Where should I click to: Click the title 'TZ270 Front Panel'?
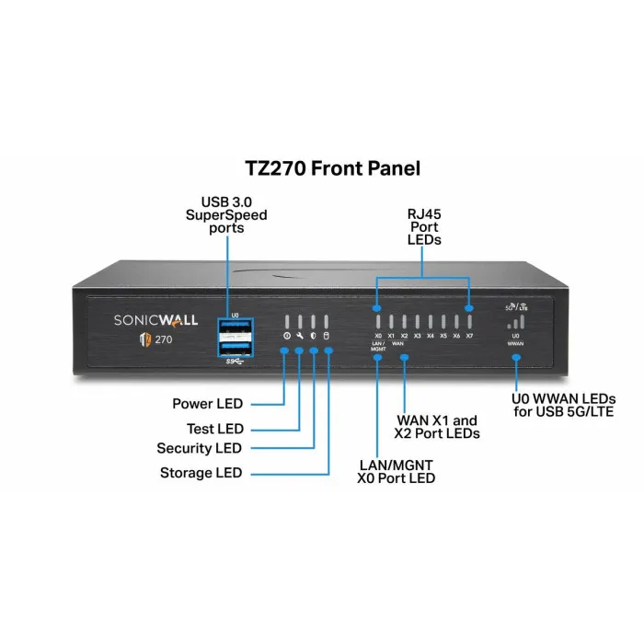[321, 168]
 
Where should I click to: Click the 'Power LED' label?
[207, 403]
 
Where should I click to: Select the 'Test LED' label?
[215, 429]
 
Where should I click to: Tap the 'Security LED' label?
[199, 449]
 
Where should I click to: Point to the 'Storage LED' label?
[201, 473]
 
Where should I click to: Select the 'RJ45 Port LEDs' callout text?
[423, 226]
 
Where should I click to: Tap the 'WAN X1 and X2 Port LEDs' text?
[437, 426]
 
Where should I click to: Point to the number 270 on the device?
[161, 339]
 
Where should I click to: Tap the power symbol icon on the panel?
[286, 337]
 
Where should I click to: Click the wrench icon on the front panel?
[300, 337]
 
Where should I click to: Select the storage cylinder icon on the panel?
[327, 337]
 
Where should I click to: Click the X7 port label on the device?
[469, 337]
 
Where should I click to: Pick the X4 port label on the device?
[431, 337]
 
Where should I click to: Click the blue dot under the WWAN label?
[516, 357]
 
